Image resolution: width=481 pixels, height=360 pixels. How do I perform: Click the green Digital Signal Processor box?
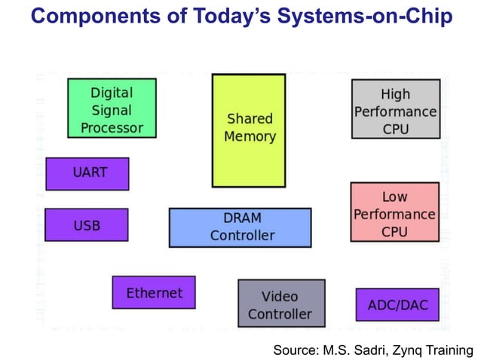[x=112, y=108]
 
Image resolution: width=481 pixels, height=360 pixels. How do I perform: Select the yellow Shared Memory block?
[x=249, y=130]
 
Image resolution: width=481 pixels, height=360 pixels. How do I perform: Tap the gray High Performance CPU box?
[x=395, y=109]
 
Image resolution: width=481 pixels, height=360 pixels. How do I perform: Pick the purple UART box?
[x=87, y=173]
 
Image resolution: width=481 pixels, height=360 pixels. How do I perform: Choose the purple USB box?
[x=87, y=224]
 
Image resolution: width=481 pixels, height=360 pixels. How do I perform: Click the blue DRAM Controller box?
[x=240, y=227]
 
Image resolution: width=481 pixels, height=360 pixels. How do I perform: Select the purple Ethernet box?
[x=154, y=292]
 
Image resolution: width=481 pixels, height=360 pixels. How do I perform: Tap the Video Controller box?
[x=281, y=304]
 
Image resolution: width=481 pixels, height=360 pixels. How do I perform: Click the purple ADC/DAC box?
[x=397, y=304]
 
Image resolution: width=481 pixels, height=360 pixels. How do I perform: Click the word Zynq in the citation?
[x=408, y=349]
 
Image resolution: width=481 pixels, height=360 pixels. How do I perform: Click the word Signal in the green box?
[x=112, y=110]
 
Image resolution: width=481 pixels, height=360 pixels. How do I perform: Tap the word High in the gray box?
[x=395, y=94]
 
